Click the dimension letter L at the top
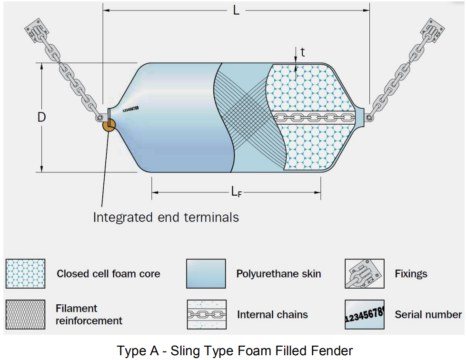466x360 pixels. click(236, 10)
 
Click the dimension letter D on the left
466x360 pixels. click(42, 117)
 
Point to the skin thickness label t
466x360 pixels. click(302, 52)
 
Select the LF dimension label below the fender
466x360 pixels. click(236, 192)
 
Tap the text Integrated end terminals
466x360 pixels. click(166, 218)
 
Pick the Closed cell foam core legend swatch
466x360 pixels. click(26, 274)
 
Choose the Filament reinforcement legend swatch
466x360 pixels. click(26, 314)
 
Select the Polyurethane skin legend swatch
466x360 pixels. click(206, 274)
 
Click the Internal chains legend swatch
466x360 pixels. click(206, 314)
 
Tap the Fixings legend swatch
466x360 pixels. click(364, 274)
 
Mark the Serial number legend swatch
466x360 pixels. click(364, 314)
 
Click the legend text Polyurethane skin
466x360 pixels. click(278, 274)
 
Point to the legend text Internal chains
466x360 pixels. click(272, 315)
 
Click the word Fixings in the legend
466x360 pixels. click(411, 274)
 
